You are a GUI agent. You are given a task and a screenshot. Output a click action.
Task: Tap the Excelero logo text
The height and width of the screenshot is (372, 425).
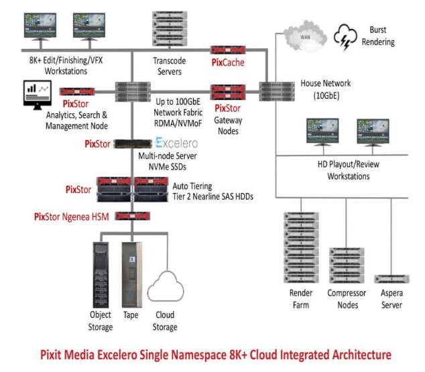(177, 143)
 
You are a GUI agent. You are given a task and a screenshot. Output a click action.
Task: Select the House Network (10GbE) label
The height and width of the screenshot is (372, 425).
(318, 90)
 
